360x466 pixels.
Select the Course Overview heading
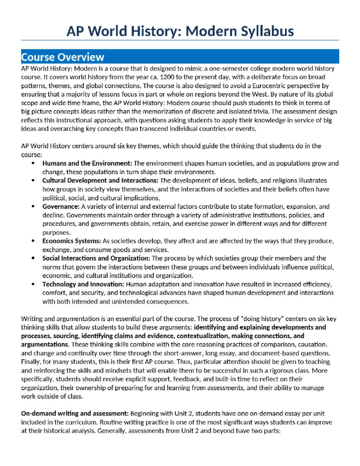point(62,57)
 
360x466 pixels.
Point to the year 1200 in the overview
point(167,77)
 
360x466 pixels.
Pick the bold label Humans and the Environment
point(87,164)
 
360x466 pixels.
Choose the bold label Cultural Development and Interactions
point(100,181)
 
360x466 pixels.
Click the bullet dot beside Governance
point(33,206)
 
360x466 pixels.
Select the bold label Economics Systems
point(71,241)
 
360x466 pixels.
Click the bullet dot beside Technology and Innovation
point(33,284)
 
